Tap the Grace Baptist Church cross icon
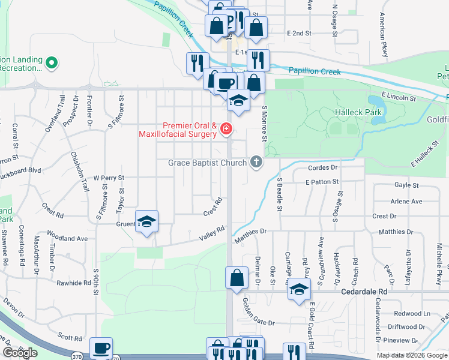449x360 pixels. [x=256, y=162]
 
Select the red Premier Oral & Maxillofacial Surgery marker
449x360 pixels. [x=226, y=128]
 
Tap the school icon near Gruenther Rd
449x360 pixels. [x=146, y=223]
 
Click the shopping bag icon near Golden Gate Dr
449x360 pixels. [x=237, y=278]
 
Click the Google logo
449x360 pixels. [x=20, y=353]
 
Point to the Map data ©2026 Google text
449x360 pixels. [x=411, y=355]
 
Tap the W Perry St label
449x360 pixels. [x=108, y=178]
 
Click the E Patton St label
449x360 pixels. [x=322, y=181]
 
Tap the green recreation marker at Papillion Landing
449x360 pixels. [x=52, y=62]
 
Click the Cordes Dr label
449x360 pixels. [x=322, y=168]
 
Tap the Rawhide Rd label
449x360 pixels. [x=73, y=282]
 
